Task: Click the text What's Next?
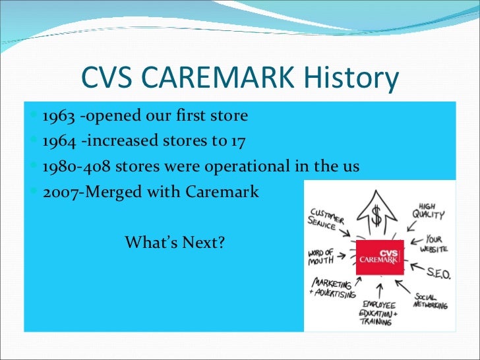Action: [175, 242]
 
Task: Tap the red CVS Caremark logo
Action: [378, 258]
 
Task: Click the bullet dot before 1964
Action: [35, 141]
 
